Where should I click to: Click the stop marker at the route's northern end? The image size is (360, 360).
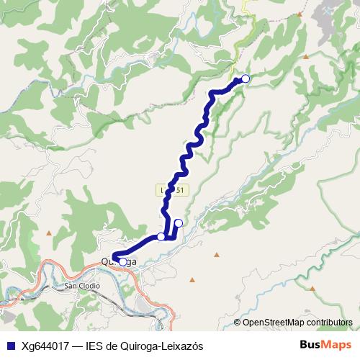coord(246,78)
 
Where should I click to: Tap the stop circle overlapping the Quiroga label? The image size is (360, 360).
coord(122,262)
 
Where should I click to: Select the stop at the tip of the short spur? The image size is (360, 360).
coord(179,223)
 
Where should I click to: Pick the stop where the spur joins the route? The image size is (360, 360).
coord(161,236)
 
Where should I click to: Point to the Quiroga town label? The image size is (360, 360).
coord(118,262)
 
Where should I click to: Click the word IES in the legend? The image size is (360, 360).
coord(94,346)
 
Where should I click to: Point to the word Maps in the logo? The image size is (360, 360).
coord(336,345)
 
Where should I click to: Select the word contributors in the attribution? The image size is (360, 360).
coord(328,323)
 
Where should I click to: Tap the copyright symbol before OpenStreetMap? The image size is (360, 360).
coord(238,323)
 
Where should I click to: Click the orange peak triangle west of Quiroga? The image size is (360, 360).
coord(49,233)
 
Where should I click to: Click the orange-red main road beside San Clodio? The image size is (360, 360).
coord(43,274)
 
